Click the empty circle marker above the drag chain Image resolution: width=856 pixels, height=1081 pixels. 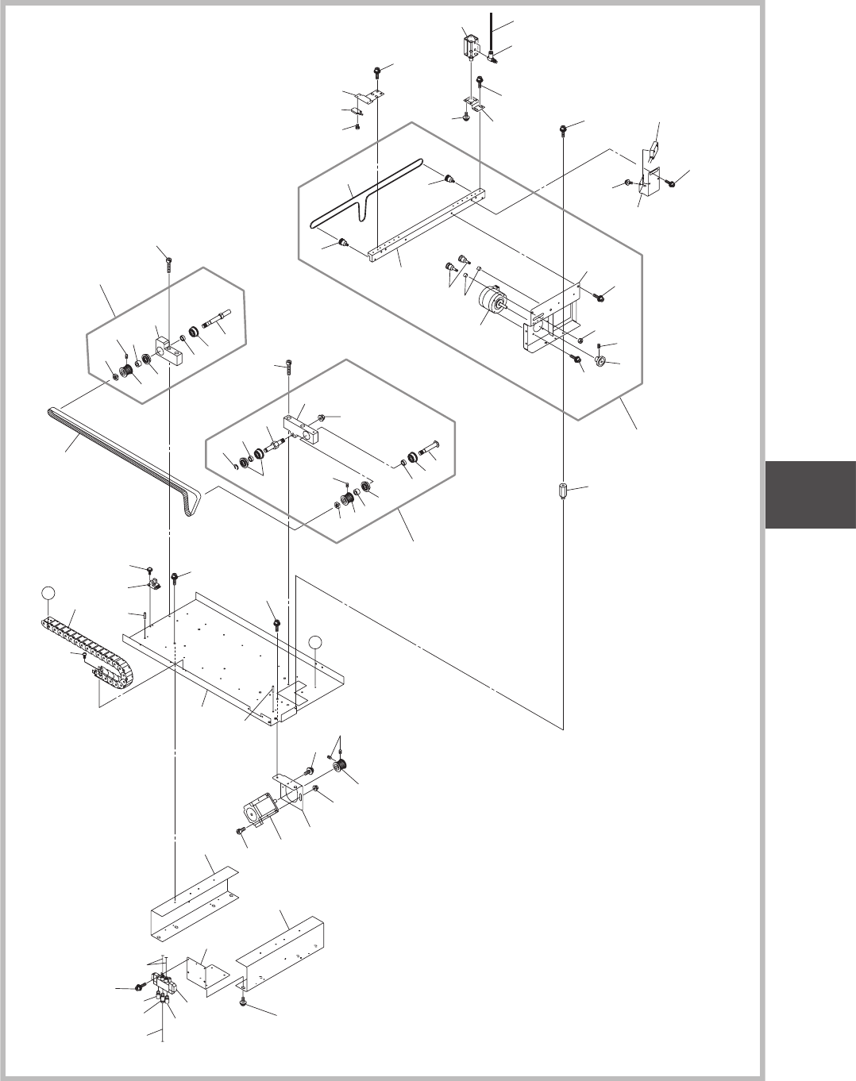(49, 593)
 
